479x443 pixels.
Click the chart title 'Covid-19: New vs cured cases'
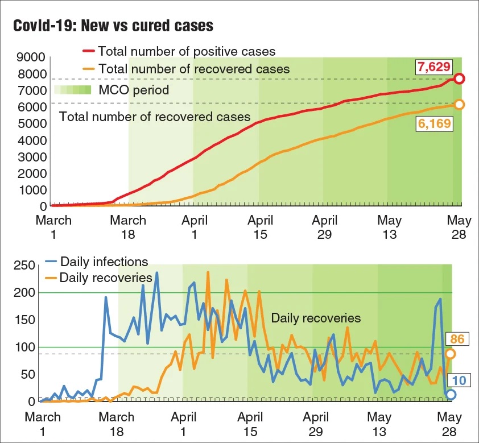pos(113,26)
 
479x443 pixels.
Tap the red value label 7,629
pos(434,68)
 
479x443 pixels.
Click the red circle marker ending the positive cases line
pos(459,78)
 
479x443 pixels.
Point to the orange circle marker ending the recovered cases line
pos(459,104)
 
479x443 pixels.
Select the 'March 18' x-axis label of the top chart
pos(127,227)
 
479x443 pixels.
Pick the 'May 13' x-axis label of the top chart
pos(390,227)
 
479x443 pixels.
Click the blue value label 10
pos(456,379)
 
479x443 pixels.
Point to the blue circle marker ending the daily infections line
pos(451,394)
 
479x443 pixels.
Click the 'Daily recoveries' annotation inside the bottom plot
pos(316,318)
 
